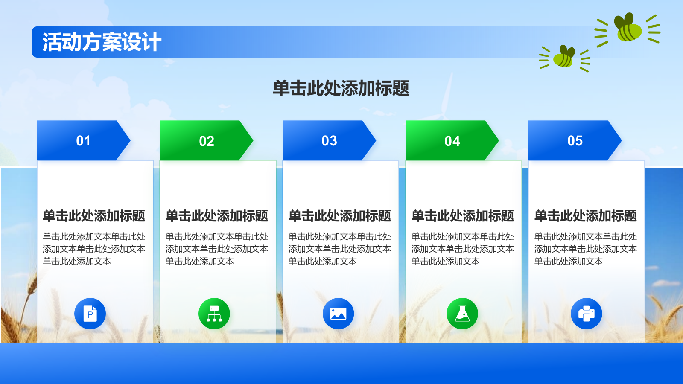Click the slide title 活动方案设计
pyautogui.click(x=102, y=42)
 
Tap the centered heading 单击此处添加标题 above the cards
pyautogui.click(x=341, y=88)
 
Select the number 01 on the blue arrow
pyautogui.click(x=83, y=141)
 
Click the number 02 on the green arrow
pyautogui.click(x=207, y=141)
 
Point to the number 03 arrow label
pyautogui.click(x=329, y=141)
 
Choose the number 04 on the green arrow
pyautogui.click(x=452, y=141)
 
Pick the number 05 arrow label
pyautogui.click(x=575, y=141)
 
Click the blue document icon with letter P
pyautogui.click(x=90, y=313)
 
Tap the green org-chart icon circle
pyautogui.click(x=214, y=313)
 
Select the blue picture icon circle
pyautogui.click(x=338, y=313)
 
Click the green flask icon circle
pyautogui.click(x=462, y=313)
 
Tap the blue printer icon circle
pyautogui.click(x=587, y=313)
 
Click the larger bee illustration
pyautogui.click(x=628, y=28)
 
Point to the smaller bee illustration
pyautogui.click(x=564, y=58)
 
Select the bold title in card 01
pyautogui.click(x=94, y=216)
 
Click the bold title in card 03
pyautogui.click(x=340, y=216)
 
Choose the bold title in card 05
pyautogui.click(x=585, y=216)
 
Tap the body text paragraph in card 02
pyautogui.click(x=217, y=249)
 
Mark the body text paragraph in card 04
pyautogui.click(x=463, y=249)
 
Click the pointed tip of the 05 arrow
pyautogui.click(x=622, y=140)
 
